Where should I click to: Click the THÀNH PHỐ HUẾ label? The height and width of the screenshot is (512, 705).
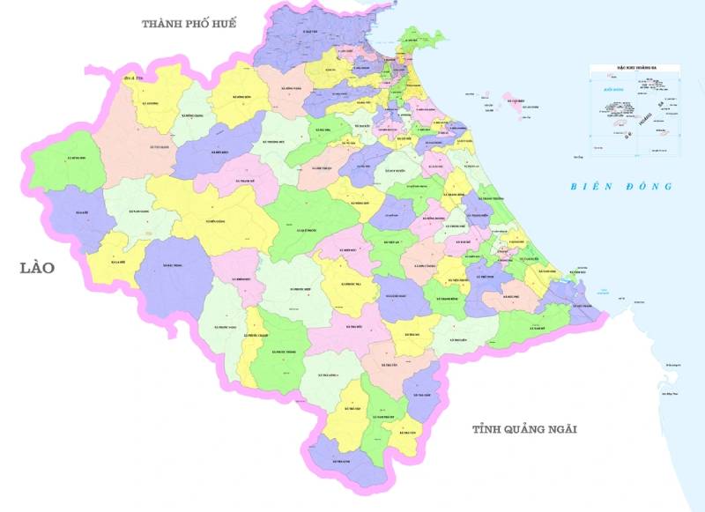[189, 24]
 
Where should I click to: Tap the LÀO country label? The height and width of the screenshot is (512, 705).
[36, 267]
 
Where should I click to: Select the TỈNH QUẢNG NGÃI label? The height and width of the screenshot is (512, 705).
[523, 429]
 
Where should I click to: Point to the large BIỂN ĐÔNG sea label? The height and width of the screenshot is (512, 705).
[620, 186]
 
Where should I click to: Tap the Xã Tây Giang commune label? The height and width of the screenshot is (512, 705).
[160, 148]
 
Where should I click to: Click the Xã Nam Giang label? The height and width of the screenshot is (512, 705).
[139, 212]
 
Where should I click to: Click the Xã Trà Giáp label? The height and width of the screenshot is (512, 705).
[421, 395]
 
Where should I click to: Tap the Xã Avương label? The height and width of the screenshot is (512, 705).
[150, 102]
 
